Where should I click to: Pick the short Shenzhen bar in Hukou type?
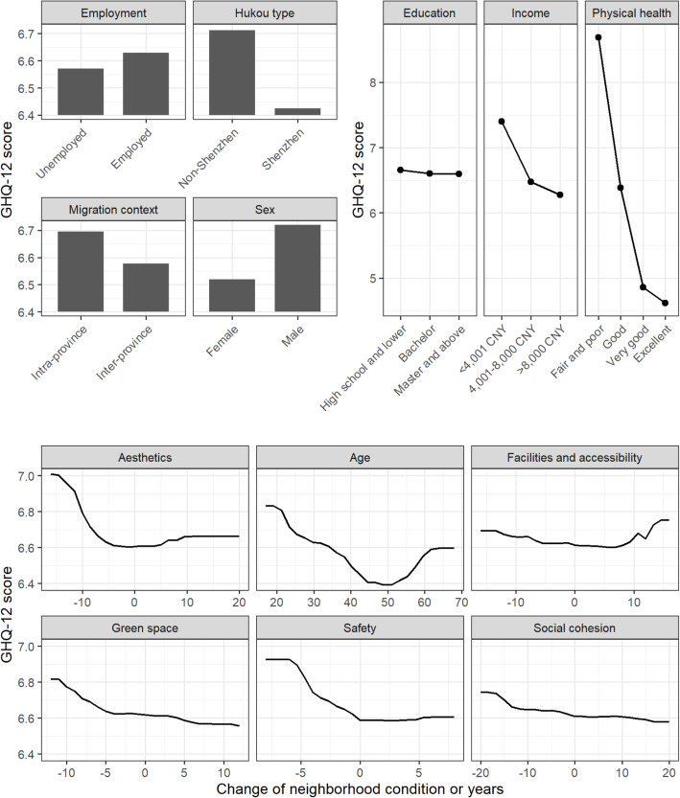coord(297,111)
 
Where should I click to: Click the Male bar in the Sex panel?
coord(297,268)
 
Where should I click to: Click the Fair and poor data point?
coord(598,37)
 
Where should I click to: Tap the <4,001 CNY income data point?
coord(501,122)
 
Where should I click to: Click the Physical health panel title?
coord(631,14)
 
